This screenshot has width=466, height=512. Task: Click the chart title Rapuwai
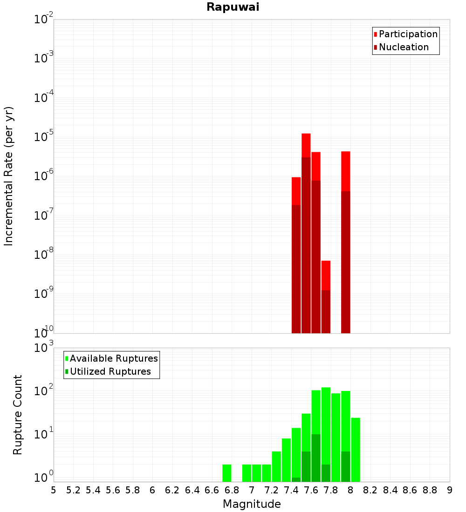(233, 7)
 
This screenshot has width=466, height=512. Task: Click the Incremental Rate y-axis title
(9, 176)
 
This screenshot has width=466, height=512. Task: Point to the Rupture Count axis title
(18, 415)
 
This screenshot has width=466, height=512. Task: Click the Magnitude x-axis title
(252, 504)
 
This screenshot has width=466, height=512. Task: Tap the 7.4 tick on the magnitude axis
(291, 490)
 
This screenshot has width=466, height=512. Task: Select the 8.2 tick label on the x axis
(370, 490)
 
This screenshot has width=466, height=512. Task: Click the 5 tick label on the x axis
(54, 490)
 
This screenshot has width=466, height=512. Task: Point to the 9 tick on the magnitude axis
(450, 490)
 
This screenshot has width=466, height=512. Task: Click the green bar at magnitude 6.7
(227, 473)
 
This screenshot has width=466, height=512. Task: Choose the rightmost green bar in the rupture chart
(356, 449)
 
